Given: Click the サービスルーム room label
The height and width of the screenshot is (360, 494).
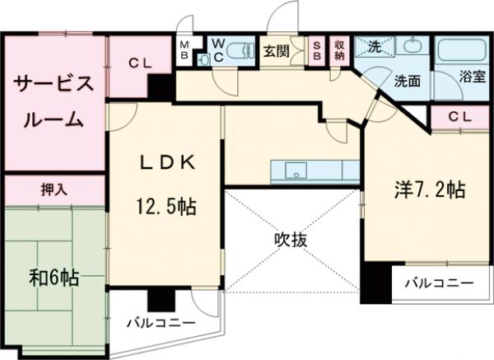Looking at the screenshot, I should coord(50,101).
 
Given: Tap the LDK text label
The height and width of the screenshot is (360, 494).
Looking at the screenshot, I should coord(166,163).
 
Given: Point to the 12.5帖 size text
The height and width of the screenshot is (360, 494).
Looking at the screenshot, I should coord(166,203).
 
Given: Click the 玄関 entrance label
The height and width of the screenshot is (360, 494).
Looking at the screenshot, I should coord(275,49).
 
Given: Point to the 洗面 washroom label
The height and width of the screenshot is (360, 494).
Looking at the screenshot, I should coord(407,81).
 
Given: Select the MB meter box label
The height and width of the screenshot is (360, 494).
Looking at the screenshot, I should coord(186,49).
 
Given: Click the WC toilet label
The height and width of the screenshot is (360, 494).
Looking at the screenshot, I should coord(218,49).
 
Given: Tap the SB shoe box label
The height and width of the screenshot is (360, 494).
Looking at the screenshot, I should coord(319,49).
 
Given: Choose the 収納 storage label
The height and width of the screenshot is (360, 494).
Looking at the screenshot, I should coord(340,49).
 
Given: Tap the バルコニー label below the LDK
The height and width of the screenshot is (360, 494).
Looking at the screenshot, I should coord(161,323).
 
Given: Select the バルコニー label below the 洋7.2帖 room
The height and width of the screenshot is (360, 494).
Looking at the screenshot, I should coord(439,283).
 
